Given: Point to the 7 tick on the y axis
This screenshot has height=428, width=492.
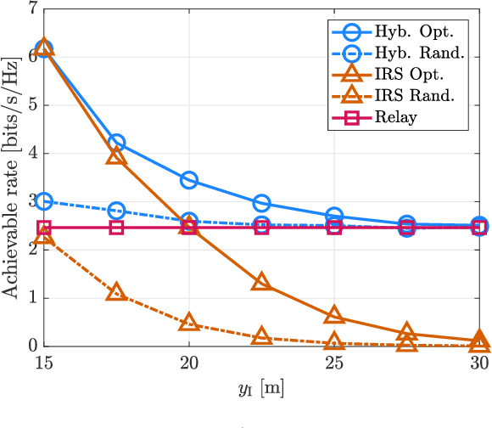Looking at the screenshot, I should pyautogui.click(x=32, y=9).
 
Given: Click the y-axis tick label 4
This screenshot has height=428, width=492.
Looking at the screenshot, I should pyautogui.click(x=32, y=154).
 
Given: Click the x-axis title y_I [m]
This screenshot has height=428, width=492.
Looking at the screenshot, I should pyautogui.click(x=261, y=388).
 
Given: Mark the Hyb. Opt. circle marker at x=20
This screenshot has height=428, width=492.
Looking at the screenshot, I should pyautogui.click(x=189, y=180).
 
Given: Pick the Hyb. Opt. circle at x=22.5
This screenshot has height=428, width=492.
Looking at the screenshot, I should pyautogui.click(x=261, y=203).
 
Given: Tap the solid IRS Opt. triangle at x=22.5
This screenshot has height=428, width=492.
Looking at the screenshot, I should pyautogui.click(x=261, y=283).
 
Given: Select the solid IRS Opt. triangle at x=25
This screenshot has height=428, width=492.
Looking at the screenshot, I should pyautogui.click(x=334, y=316).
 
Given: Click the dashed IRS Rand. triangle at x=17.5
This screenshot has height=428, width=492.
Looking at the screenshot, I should pyautogui.click(x=117, y=293).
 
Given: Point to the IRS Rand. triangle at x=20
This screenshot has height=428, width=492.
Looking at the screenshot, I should pyautogui.click(x=189, y=323).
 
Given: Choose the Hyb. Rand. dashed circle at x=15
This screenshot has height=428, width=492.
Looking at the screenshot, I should pyautogui.click(x=44, y=201).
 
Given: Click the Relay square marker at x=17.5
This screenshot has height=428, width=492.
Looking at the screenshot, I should pyautogui.click(x=117, y=228).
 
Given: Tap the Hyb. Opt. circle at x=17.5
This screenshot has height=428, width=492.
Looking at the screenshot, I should pyautogui.click(x=117, y=143).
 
